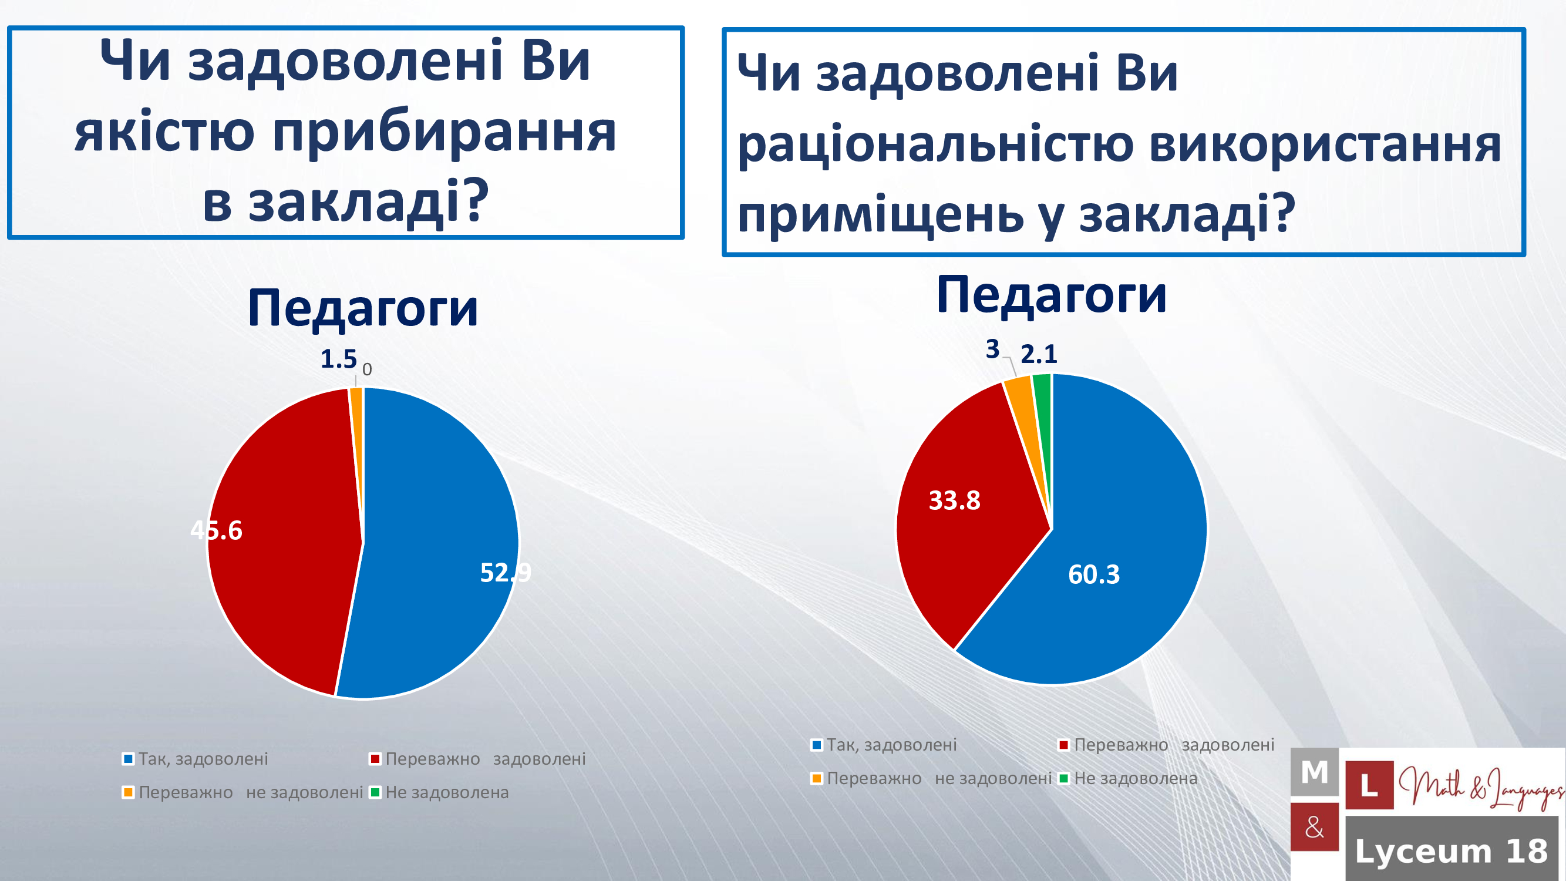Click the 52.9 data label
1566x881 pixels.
pos(505,572)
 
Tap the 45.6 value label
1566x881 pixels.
pos(217,530)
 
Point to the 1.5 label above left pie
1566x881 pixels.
pos(339,359)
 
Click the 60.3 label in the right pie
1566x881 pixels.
pos(1094,574)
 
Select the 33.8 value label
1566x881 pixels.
pos(954,500)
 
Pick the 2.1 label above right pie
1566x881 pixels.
pos(1039,354)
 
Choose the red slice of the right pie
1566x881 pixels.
pos(966,517)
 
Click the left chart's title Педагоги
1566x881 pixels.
pos(363,308)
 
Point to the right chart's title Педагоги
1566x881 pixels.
pos(1052,294)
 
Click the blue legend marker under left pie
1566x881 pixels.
pos(127,759)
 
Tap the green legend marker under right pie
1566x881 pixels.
pos(1064,778)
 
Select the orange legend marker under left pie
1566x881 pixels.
pos(127,792)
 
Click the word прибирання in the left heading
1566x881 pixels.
pos(444,134)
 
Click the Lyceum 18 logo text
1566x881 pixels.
pos(1452,850)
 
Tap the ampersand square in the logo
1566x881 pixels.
pos(1314,827)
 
